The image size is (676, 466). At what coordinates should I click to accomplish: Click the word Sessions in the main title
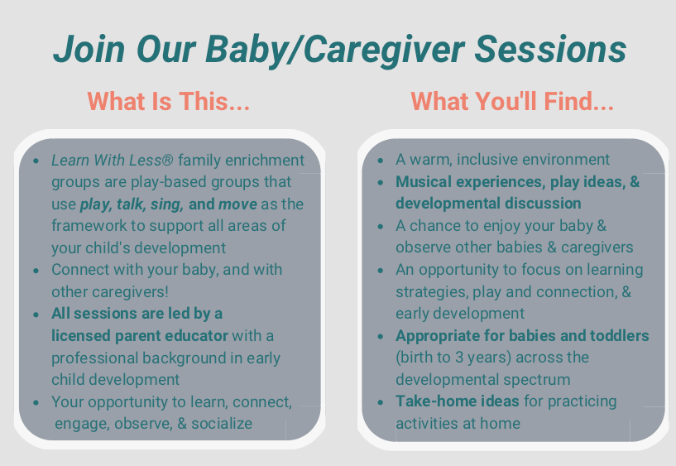click(550, 49)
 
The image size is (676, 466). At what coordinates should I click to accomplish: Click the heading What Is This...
click(169, 102)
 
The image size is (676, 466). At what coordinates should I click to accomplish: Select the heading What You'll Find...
click(512, 102)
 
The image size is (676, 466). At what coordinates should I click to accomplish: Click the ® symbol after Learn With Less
click(168, 161)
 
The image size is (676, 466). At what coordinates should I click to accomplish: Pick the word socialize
click(222, 423)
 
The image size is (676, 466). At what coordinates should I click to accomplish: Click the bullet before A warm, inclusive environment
click(381, 161)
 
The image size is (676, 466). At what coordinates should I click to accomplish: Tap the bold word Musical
click(424, 181)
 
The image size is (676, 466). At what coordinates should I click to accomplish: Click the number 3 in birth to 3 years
click(459, 358)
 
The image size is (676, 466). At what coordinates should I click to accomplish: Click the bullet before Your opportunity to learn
click(36, 403)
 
